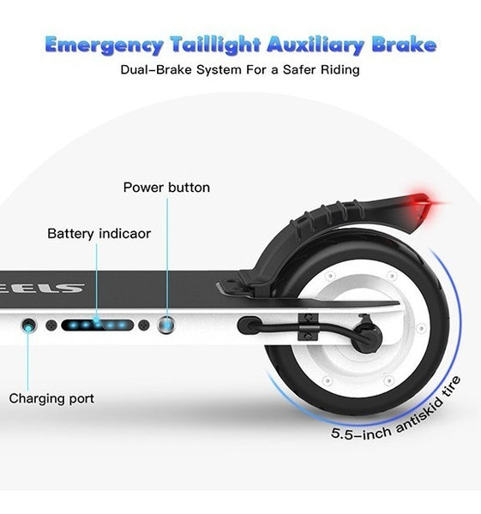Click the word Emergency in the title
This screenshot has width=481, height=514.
[104, 45]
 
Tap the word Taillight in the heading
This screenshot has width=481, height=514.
[215, 45]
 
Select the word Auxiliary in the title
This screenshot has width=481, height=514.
[316, 45]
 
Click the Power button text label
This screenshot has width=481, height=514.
[166, 188]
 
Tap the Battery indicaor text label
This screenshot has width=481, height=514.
[99, 234]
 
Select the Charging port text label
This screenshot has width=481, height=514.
[51, 398]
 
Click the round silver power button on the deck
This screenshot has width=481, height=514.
[166, 326]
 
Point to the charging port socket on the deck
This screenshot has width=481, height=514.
[29, 326]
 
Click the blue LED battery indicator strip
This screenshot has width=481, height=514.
[98, 326]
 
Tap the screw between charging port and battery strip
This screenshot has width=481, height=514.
[51, 326]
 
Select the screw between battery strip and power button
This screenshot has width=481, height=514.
[144, 326]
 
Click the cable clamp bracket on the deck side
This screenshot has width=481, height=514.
[308, 327]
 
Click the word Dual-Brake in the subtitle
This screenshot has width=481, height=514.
[157, 69]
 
